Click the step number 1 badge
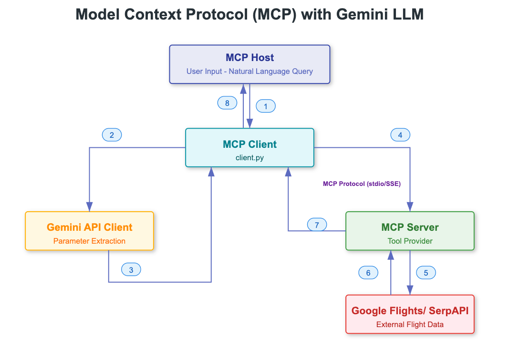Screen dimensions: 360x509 tap(266, 106)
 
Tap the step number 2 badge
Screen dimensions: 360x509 tap(112, 135)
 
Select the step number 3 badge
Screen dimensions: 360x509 tap(131, 269)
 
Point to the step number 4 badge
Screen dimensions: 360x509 tap(400, 135)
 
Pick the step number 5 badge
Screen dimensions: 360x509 tap(426, 273)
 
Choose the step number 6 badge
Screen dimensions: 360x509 tap(368, 273)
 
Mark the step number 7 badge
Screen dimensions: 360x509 tap(317, 225)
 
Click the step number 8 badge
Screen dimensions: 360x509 tap(227, 103)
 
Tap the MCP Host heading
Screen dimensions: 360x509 tap(250, 58)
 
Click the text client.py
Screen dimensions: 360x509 tap(249, 158)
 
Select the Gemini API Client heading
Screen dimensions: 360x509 tap(89, 227)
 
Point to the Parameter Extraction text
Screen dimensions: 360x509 tap(89, 241)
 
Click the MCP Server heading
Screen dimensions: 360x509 tap(410, 227)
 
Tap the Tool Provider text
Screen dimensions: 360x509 tap(410, 241)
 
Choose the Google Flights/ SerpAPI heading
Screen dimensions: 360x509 tap(410, 311)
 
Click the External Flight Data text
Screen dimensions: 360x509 tap(410, 325)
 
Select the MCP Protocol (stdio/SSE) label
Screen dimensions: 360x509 tap(362, 184)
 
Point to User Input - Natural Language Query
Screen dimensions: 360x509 tap(249, 72)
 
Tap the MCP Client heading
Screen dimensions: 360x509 tap(249, 144)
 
